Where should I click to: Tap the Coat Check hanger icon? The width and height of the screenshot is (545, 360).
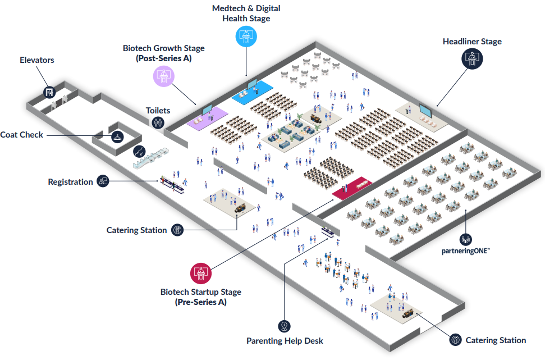click(117, 136)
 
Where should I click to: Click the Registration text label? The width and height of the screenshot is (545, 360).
click(70, 182)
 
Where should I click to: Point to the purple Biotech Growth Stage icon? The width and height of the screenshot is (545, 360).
click(163, 76)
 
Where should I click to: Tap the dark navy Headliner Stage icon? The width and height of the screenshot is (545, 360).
click(472, 59)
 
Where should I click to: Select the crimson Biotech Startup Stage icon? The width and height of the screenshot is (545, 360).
click(200, 274)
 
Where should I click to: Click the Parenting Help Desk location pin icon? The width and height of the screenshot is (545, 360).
click(285, 326)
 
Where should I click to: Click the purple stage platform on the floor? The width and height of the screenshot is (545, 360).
click(207, 119)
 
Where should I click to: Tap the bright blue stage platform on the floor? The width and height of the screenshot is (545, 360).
click(253, 92)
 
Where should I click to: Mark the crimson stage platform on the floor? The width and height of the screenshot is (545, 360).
click(351, 188)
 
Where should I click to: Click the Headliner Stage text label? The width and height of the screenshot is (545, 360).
click(472, 42)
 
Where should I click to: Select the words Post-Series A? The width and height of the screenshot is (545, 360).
click(163, 58)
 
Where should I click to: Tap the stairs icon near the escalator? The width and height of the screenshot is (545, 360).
click(138, 151)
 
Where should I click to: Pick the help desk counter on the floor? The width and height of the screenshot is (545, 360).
click(329, 232)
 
